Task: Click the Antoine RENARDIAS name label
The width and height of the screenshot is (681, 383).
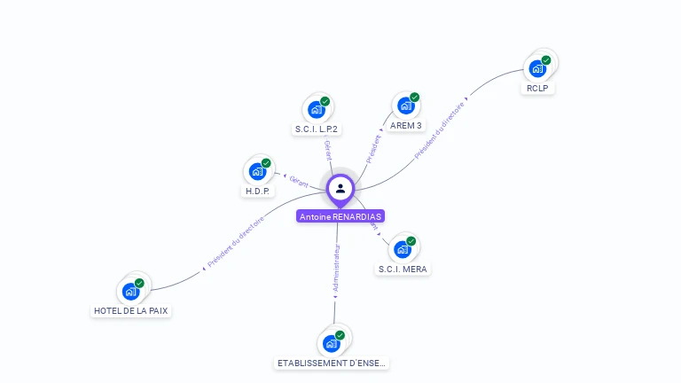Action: coord(340,216)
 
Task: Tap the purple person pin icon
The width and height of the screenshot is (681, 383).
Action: coord(340,188)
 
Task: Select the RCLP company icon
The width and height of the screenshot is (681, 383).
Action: coord(537,68)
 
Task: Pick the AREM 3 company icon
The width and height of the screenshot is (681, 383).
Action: coord(406,106)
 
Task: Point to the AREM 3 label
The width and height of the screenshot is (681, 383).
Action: coord(406,126)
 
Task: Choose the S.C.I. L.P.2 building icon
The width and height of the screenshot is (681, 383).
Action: coord(317,109)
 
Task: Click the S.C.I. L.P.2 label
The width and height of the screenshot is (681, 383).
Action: coord(317,129)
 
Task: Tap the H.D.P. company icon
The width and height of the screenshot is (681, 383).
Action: coord(257,171)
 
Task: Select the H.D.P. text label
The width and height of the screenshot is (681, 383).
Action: coord(257,191)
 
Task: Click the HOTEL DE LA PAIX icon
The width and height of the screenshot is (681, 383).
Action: coord(131,291)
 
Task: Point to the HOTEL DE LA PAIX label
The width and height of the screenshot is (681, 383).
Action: coord(131,311)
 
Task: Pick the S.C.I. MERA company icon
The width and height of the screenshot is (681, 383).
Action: coord(403,249)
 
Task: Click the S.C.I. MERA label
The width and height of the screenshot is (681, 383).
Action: coord(403,270)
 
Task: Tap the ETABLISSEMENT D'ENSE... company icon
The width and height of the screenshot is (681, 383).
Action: coord(332,343)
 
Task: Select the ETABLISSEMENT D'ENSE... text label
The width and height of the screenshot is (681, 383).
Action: coord(332,363)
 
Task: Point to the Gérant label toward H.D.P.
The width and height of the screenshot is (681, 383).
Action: coord(298,180)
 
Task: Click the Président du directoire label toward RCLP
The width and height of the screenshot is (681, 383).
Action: coord(440,129)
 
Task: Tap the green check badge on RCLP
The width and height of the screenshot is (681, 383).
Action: coord(546,60)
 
